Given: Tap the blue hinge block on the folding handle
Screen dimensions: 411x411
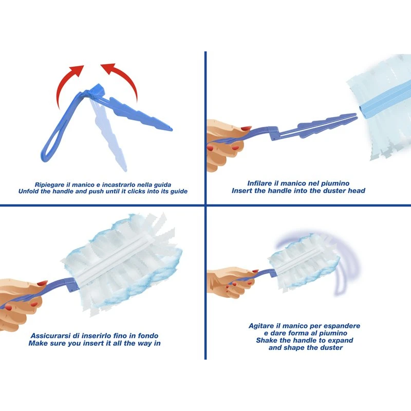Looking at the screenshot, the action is (x=97, y=91).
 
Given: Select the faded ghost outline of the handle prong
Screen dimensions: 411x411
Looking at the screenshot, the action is (x=109, y=134).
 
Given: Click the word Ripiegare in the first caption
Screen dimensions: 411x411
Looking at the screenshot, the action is (x=48, y=185).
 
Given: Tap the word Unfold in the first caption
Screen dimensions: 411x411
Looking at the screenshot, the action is (x=27, y=191).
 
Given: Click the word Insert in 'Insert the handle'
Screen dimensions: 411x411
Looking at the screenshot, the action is (x=240, y=191).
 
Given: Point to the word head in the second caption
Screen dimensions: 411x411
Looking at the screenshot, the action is (x=357, y=191).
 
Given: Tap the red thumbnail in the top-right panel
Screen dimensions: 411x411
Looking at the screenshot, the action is (x=247, y=128).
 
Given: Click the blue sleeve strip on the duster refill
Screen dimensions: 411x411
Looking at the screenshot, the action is (x=384, y=101).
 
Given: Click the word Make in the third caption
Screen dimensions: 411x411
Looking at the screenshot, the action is (x=36, y=343).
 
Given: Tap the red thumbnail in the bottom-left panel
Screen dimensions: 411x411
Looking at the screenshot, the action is (x=42, y=283).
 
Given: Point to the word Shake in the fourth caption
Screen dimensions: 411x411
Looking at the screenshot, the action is (x=265, y=341).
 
